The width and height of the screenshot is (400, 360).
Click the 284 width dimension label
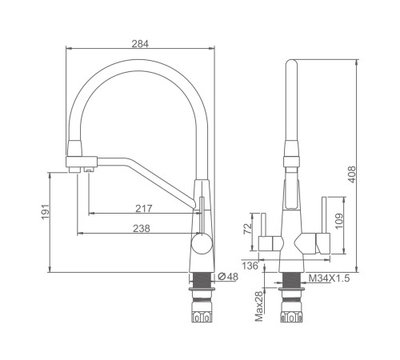pyautogui.click(x=140, y=44)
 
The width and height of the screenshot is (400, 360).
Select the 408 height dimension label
pyautogui.click(x=352, y=174)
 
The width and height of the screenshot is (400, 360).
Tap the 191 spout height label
pyautogui.click(x=46, y=211)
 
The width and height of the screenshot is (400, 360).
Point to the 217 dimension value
pyautogui.click(x=144, y=208)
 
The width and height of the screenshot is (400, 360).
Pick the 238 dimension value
pyautogui.click(x=142, y=229)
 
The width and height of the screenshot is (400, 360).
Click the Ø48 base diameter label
pyautogui.click(x=228, y=277)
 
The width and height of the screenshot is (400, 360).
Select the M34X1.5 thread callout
pyautogui.click(x=329, y=278)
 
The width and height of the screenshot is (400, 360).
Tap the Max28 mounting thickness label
pyautogui.click(x=259, y=306)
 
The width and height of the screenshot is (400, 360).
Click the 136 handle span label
pyautogui.click(x=250, y=266)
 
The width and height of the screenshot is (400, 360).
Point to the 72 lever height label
pyautogui.click(x=248, y=229)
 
